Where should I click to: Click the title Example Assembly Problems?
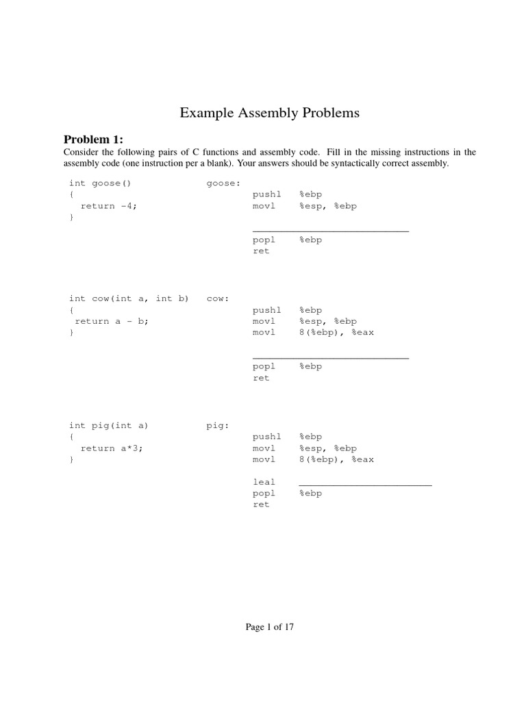269,113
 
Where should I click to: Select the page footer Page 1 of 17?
269,626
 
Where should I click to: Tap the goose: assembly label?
223,183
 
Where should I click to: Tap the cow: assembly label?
218,298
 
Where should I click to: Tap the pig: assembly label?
218,425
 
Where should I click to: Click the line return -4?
109,206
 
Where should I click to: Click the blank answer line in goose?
331,230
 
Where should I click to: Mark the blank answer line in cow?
331,357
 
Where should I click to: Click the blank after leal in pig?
366,484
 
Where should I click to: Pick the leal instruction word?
264,482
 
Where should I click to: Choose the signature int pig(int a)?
108,425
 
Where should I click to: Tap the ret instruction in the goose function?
261,251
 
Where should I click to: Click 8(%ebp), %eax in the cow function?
336,333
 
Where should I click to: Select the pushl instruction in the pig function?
266,437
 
